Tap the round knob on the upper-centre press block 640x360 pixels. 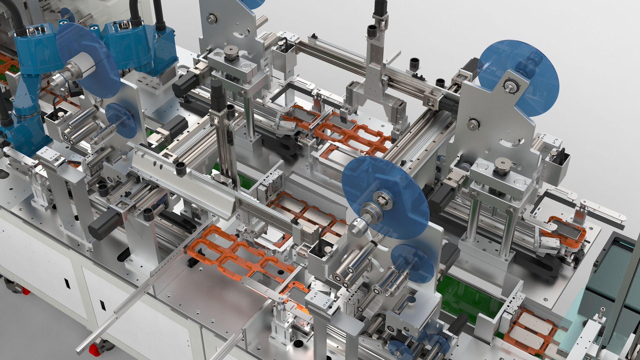pos(230,52)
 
